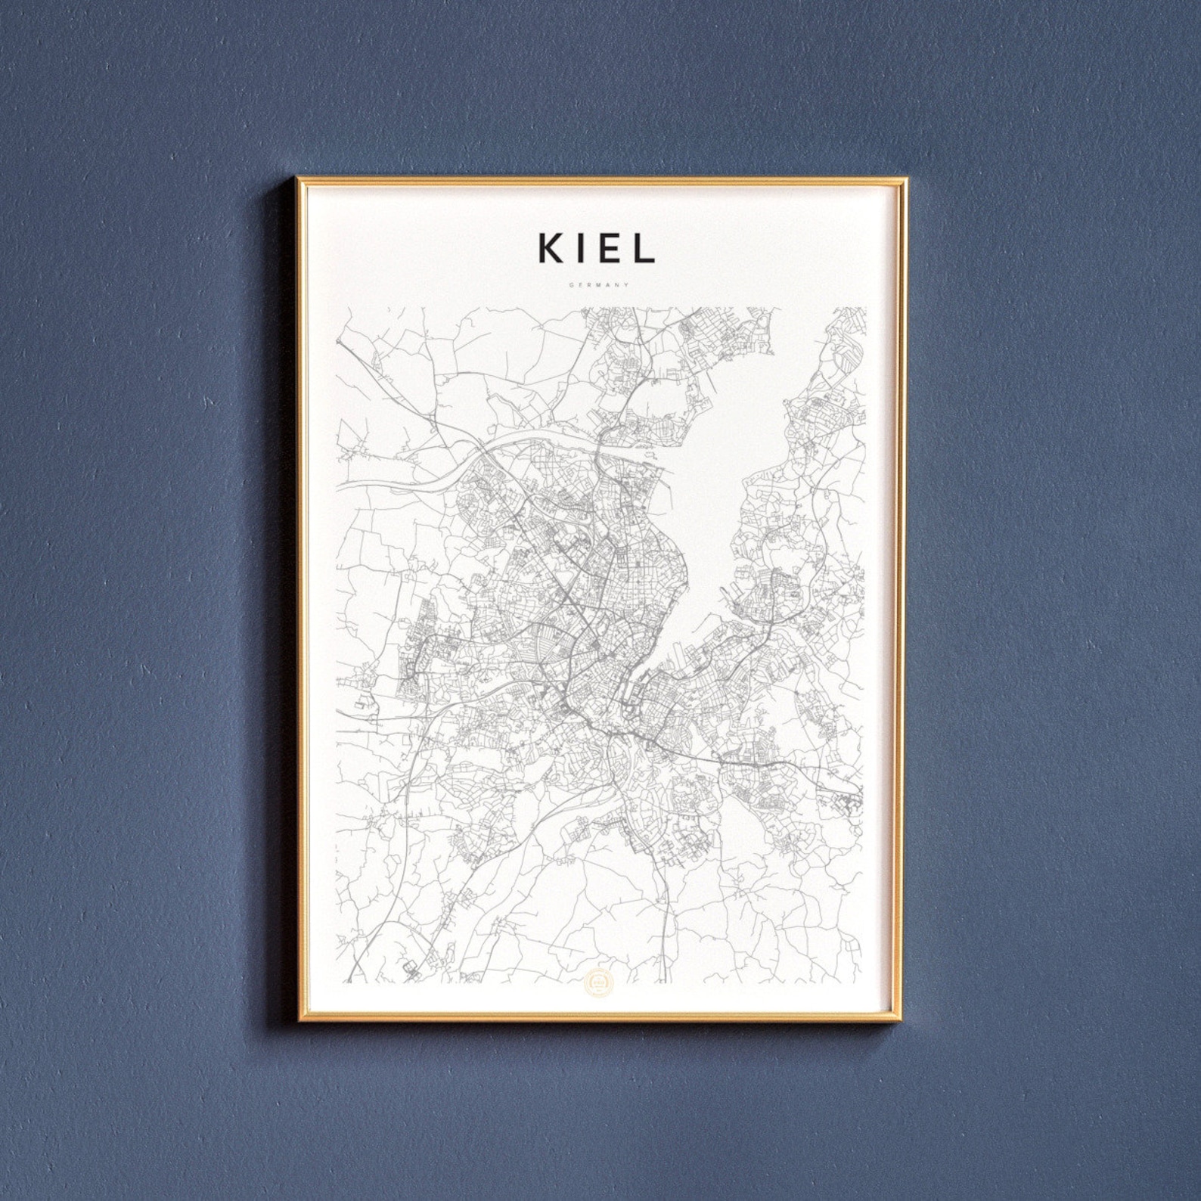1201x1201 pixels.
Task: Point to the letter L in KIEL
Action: tap(644, 248)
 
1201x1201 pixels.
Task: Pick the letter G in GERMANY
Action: tap(574, 285)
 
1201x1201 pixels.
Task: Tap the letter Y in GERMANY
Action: tap(627, 285)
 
